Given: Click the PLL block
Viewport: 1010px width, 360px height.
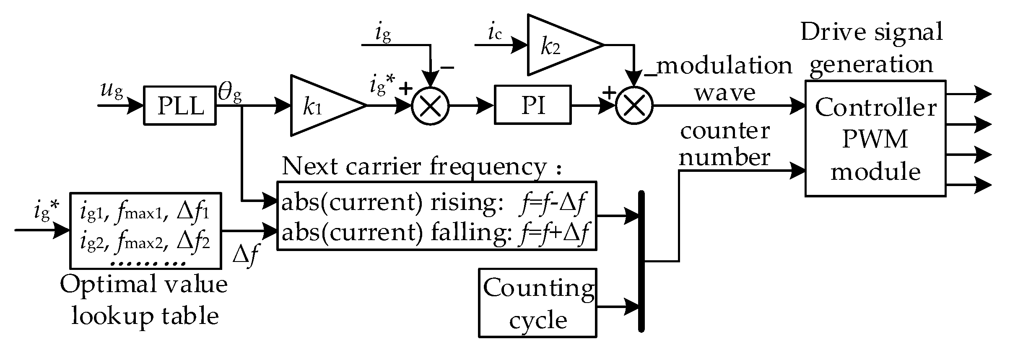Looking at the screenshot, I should [x=180, y=106].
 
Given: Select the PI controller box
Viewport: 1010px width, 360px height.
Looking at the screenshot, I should [x=532, y=105].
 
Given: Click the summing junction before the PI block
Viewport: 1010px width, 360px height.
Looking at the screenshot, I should [x=430, y=106].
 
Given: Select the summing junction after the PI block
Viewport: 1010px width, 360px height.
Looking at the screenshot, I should [x=634, y=106].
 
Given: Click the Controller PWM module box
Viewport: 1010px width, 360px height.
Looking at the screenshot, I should [x=875, y=138].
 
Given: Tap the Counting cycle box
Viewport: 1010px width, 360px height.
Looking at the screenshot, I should [x=537, y=303].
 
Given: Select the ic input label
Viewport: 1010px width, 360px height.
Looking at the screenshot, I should [x=495, y=34].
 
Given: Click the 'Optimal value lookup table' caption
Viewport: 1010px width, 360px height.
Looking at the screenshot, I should [x=144, y=300].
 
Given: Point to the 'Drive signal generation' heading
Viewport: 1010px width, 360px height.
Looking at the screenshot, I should [x=872, y=48].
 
